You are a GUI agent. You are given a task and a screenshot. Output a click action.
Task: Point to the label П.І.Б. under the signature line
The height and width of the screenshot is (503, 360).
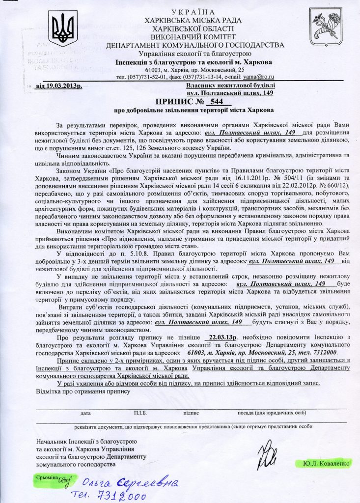140,414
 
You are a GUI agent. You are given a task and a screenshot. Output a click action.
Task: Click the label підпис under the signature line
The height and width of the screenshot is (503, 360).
191,414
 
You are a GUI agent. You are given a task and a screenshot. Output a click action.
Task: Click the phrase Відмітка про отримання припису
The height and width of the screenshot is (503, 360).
83,392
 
